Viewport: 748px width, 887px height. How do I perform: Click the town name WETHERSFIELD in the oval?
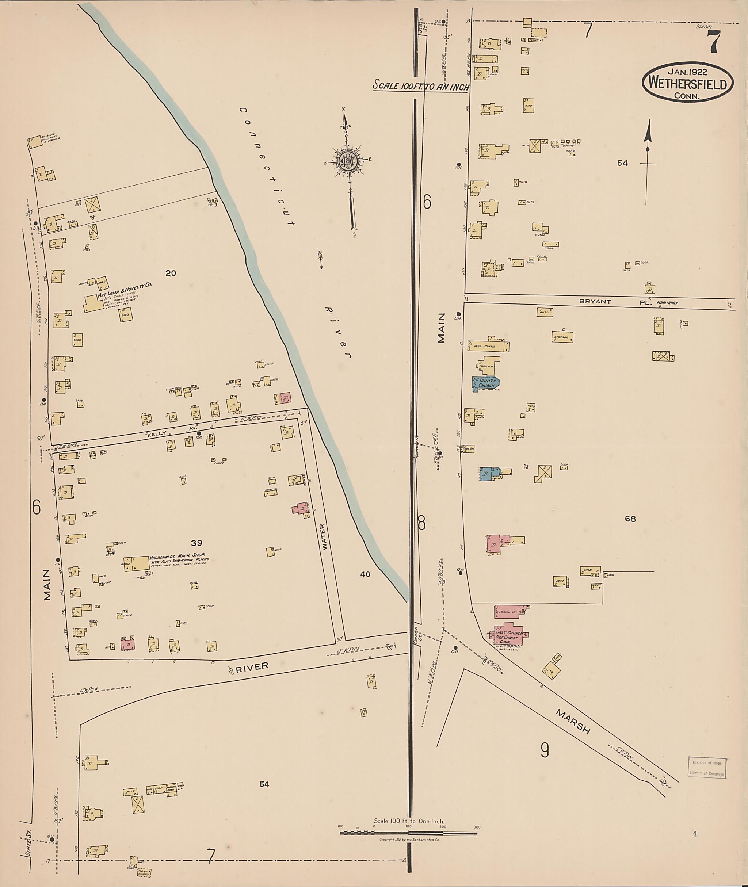tap(687, 85)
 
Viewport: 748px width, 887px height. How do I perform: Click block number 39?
tap(196, 543)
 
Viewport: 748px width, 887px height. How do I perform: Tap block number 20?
tap(171, 274)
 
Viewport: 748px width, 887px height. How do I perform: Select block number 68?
tap(630, 519)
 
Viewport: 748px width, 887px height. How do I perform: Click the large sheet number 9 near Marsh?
tap(545, 751)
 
